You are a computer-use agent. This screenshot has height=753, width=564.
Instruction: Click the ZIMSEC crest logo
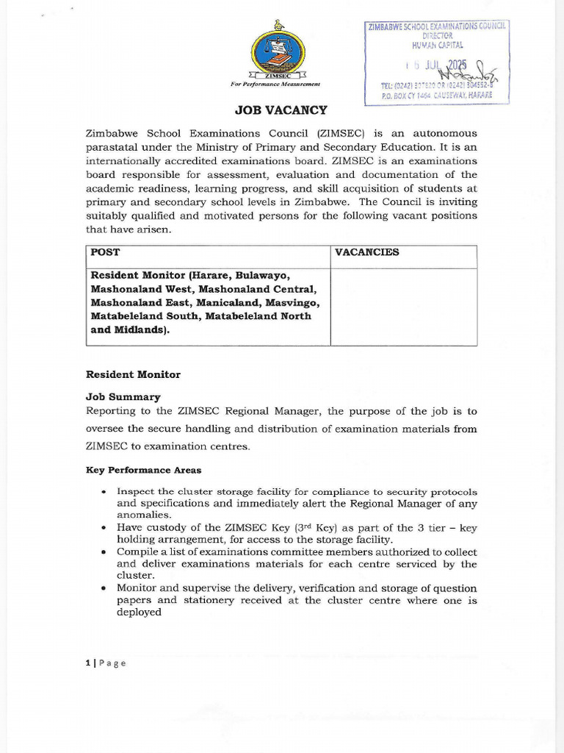pyautogui.click(x=278, y=53)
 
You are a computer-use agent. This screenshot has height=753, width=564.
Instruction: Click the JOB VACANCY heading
pyautogui.click(x=281, y=110)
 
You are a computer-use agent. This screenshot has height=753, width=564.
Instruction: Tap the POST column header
pyautogui.click(x=104, y=252)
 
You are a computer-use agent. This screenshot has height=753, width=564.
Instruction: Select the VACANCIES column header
pyautogui.click(x=367, y=252)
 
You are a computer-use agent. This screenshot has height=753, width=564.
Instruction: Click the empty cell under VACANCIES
pyautogui.click(x=403, y=306)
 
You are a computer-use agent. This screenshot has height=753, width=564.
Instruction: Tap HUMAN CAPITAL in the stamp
pyautogui.click(x=438, y=44)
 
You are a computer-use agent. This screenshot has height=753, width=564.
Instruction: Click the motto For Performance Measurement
pyautogui.click(x=275, y=85)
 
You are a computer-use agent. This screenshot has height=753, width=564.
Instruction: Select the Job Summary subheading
pyautogui.click(x=123, y=397)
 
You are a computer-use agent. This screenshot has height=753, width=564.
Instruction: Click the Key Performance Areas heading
pyautogui.click(x=144, y=470)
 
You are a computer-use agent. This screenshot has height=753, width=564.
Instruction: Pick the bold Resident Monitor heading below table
pyautogui.click(x=133, y=374)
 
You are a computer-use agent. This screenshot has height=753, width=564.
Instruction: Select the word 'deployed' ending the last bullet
pyautogui.click(x=139, y=612)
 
